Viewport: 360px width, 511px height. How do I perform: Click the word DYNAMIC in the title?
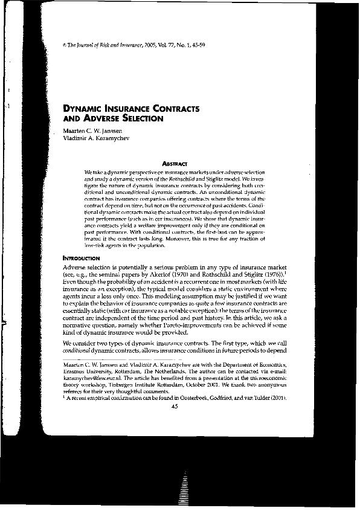(83, 109)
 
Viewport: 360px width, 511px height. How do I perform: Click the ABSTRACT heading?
(175, 163)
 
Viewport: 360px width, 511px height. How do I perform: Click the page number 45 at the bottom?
(175, 407)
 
